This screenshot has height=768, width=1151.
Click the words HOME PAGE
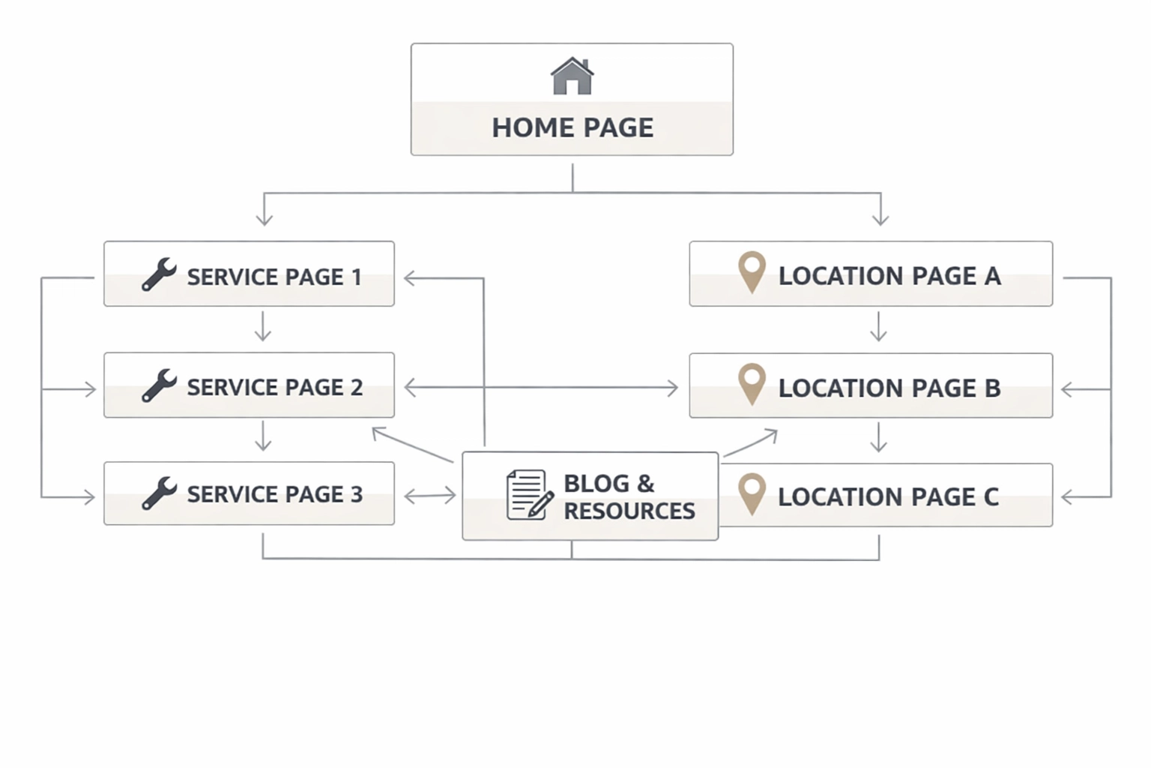[573, 127]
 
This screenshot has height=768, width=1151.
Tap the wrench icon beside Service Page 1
[159, 274]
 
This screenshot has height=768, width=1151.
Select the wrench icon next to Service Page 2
[159, 385]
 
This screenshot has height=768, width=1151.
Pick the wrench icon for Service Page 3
[159, 493]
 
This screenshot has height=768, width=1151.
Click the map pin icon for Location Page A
[752, 271]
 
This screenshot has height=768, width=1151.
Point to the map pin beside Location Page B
[752, 383]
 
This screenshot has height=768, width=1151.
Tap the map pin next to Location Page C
[752, 493]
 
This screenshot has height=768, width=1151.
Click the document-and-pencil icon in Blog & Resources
[529, 495]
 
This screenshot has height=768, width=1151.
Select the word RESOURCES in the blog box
[629, 511]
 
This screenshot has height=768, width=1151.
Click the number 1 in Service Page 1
[357, 277]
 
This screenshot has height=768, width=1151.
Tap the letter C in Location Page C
[991, 496]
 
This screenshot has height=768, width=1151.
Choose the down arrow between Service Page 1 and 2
[263, 328]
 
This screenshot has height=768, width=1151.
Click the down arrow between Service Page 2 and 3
[263, 436]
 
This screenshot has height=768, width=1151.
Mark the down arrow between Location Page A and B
[879, 328]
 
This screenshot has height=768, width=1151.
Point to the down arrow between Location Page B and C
[879, 438]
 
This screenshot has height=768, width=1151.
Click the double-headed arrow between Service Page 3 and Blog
[429, 496]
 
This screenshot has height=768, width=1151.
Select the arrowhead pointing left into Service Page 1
[410, 278]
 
